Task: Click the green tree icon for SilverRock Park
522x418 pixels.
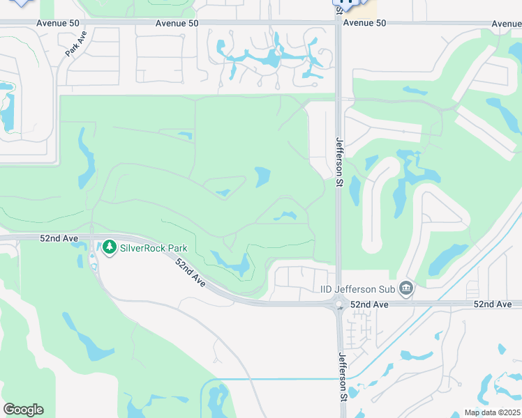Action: pos(109,247)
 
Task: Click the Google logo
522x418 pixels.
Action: pos(23,410)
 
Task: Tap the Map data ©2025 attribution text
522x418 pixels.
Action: pos(492,412)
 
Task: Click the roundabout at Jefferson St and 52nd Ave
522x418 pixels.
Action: pos(339,304)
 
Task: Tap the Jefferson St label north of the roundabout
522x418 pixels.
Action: pos(340,162)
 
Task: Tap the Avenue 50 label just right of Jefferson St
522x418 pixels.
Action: pos(364,23)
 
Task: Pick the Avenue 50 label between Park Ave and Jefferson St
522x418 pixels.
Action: pos(177,23)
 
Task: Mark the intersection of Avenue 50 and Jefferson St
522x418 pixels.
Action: pos(339,23)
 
